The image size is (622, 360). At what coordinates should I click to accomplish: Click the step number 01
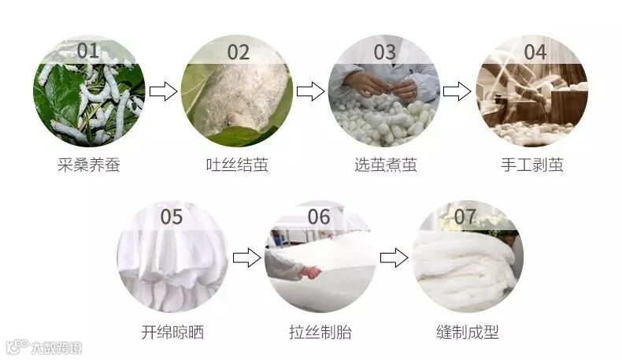[x=88, y=50]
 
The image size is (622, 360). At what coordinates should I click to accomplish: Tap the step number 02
[x=238, y=53]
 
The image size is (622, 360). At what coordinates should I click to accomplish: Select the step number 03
[x=385, y=53]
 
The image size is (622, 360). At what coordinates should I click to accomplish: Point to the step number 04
[x=535, y=53]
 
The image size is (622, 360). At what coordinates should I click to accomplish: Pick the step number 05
[x=172, y=217]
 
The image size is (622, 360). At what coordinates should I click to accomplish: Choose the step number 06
[x=319, y=217]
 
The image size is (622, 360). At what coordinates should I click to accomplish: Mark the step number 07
[x=465, y=217]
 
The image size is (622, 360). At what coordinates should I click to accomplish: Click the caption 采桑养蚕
[x=89, y=165]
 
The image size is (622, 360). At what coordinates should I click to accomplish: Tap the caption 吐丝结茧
[x=237, y=165]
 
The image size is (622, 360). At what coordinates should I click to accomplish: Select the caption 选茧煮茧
[x=386, y=165]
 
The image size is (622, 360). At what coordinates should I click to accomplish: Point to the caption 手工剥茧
[x=532, y=165]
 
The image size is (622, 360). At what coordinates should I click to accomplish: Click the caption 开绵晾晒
[x=172, y=332]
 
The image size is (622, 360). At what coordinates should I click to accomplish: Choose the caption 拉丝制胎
[x=320, y=332]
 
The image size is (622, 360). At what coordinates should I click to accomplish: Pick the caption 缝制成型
[x=468, y=332]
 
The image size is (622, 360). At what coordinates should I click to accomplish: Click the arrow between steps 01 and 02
[x=163, y=91]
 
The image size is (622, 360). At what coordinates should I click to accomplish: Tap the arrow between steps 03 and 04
[x=457, y=91]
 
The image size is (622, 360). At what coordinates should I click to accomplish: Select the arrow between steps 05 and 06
[x=246, y=258]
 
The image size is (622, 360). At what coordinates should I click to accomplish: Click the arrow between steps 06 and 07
[x=394, y=258]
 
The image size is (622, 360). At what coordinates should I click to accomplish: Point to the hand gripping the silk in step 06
[x=310, y=273]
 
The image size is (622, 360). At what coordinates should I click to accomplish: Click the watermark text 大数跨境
[x=57, y=348]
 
